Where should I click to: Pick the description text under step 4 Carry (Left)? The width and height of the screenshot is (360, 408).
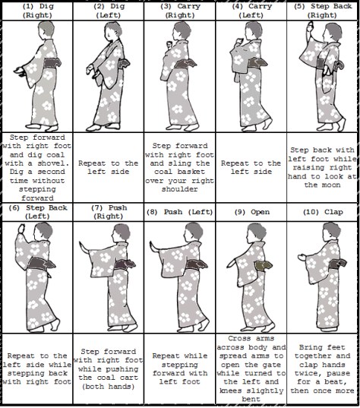[x=251, y=168]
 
